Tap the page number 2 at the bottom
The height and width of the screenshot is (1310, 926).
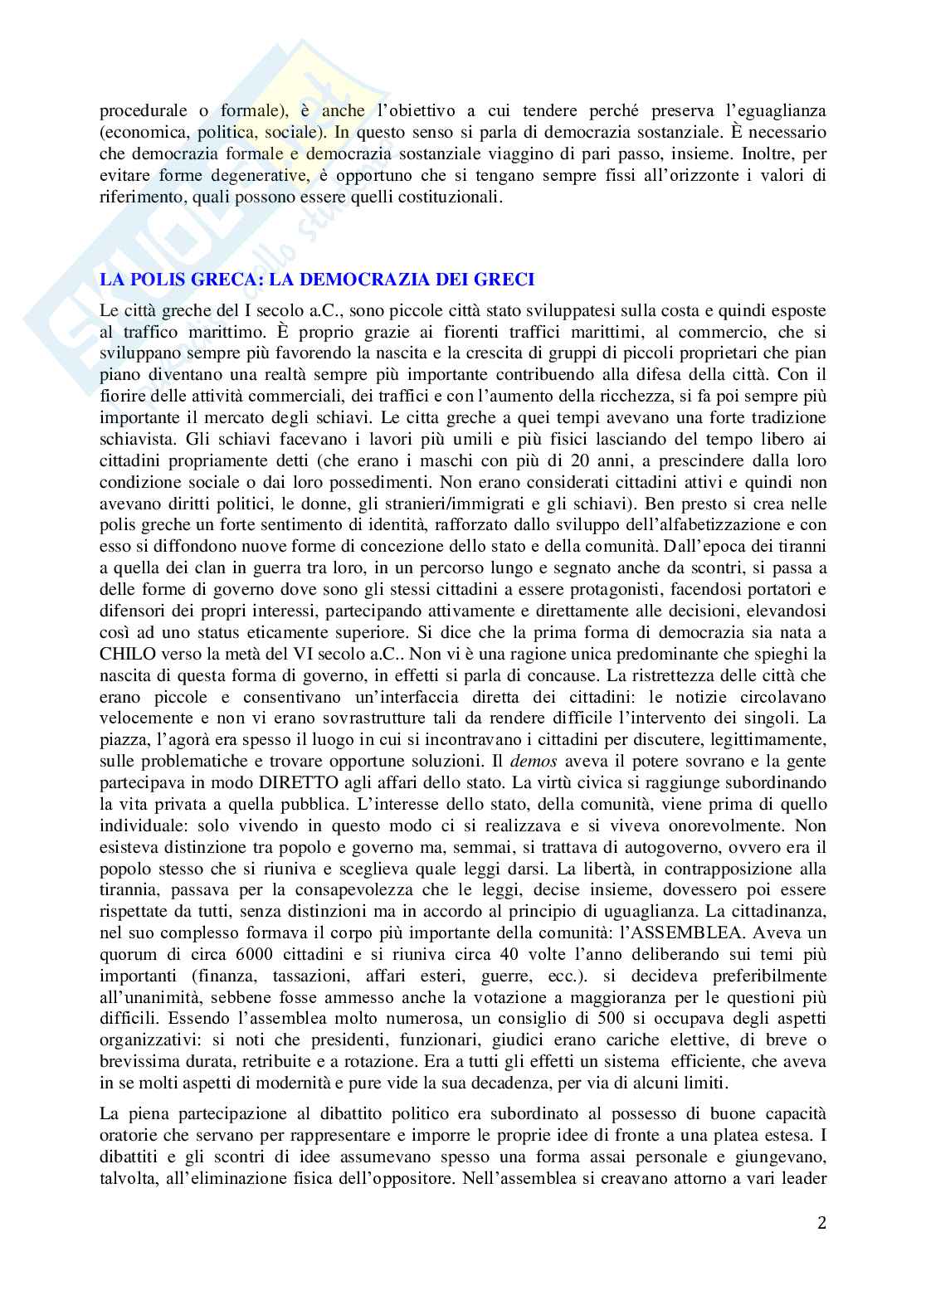click(821, 1224)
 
